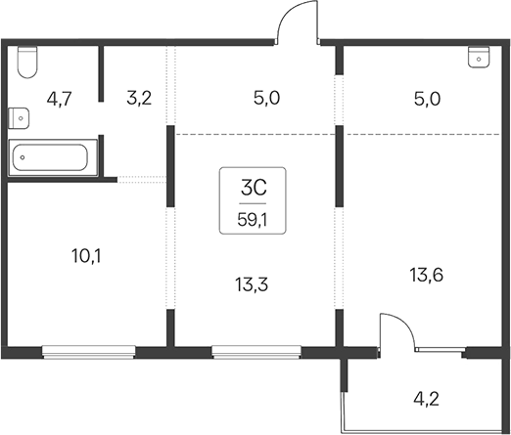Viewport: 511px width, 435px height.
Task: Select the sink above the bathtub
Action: [x=19, y=118]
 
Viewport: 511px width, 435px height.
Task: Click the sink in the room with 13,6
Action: [x=479, y=58]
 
